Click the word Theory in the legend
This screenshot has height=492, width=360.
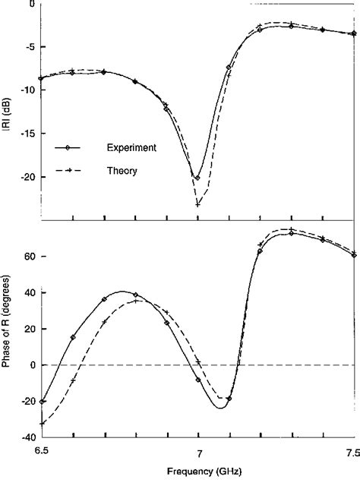tap(122, 172)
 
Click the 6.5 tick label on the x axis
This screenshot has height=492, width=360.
tap(42, 452)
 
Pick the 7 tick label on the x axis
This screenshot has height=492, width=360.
tap(199, 452)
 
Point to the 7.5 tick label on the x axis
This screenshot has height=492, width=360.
tap(352, 452)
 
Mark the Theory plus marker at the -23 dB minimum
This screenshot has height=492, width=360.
tap(197, 203)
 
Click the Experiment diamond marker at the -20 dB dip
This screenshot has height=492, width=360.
tap(197, 178)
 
